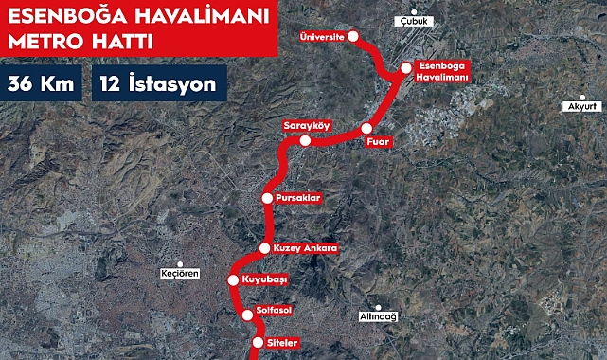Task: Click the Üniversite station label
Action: [x=322, y=37]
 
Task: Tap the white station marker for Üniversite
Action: [x=354, y=37]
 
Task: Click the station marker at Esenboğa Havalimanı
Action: [x=405, y=67]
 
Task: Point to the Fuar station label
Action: [x=379, y=142]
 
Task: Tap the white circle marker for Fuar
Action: [x=366, y=128]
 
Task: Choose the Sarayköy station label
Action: [x=305, y=125]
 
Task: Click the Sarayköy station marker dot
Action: [x=305, y=141]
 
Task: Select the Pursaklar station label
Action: [x=300, y=198]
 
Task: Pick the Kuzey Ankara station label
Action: [x=305, y=248]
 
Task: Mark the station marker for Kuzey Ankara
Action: [x=264, y=248]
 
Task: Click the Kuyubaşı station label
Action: [x=264, y=280]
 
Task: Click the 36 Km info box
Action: [x=41, y=83]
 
